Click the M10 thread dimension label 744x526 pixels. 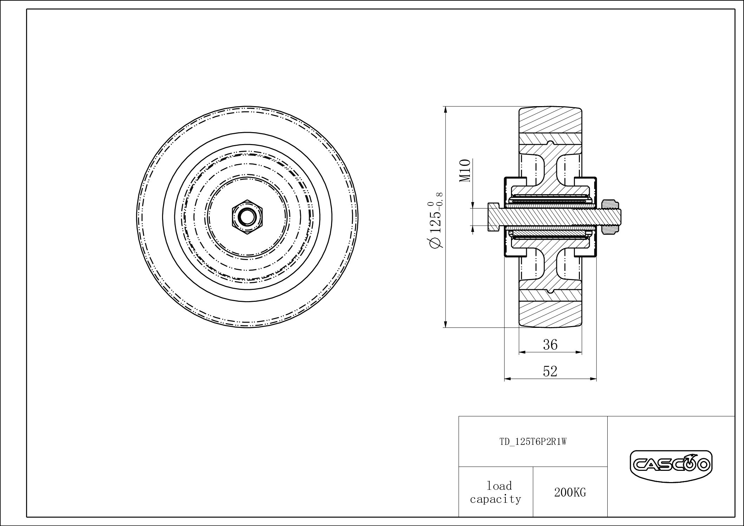click(465, 170)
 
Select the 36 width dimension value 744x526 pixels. click(550, 345)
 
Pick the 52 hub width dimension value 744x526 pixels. click(550, 371)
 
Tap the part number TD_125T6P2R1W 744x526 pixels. click(533, 442)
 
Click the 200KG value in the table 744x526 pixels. click(570, 493)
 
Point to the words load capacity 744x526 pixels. click(496, 492)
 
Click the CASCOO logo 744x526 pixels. click(671, 465)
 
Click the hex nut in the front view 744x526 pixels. click(247, 217)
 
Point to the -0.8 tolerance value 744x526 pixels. click(439, 200)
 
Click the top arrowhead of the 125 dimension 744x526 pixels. click(446, 110)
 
